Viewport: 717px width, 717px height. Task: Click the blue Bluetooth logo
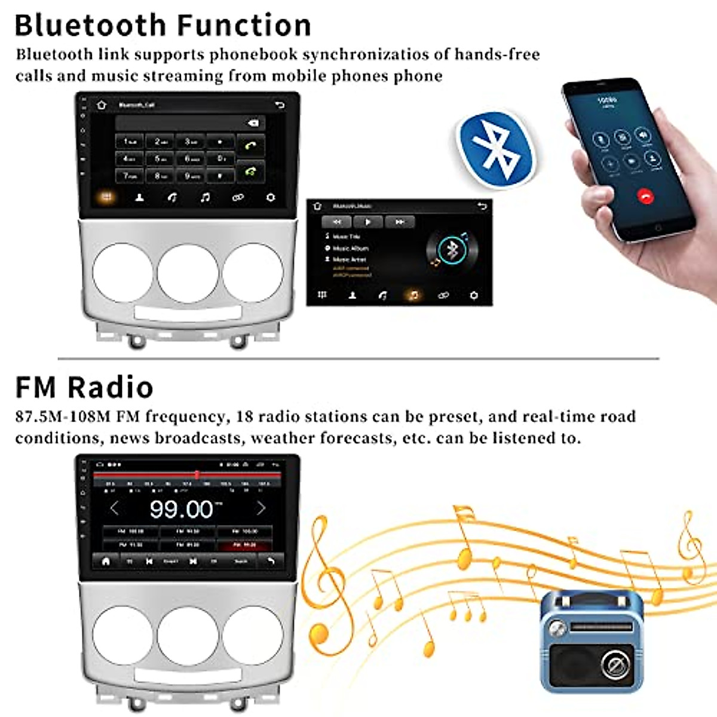coord(495,149)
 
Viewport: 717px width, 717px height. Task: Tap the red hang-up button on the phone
coord(645,195)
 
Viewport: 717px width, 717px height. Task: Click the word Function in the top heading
coord(244,26)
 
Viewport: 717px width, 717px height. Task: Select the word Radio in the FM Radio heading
coord(110,387)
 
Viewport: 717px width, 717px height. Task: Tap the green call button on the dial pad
coord(252,145)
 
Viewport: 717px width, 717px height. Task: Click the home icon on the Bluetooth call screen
coord(102,105)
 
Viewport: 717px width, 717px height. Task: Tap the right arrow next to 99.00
coord(261,508)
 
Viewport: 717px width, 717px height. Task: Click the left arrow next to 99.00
coord(115,508)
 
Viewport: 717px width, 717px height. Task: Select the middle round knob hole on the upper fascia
coord(188,272)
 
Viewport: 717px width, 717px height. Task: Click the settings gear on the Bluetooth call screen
coord(271,197)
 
